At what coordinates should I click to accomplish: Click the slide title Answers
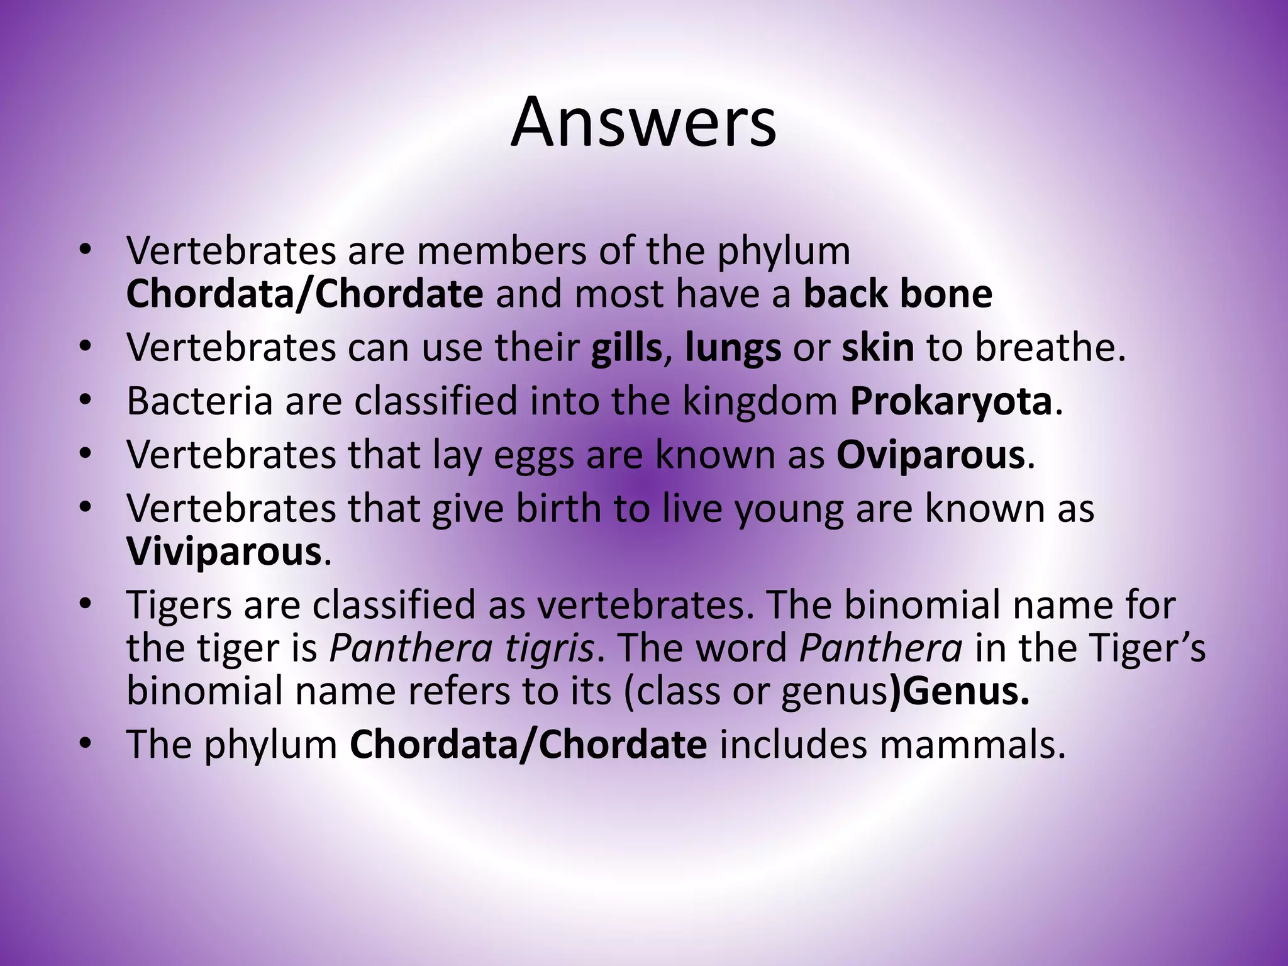click(x=643, y=122)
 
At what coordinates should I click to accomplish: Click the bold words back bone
click(x=897, y=294)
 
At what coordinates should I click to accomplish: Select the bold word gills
click(x=626, y=348)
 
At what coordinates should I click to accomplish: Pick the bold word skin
click(x=878, y=348)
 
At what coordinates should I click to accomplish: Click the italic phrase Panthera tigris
click(x=462, y=648)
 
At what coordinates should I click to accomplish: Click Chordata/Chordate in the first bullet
click(x=304, y=294)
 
